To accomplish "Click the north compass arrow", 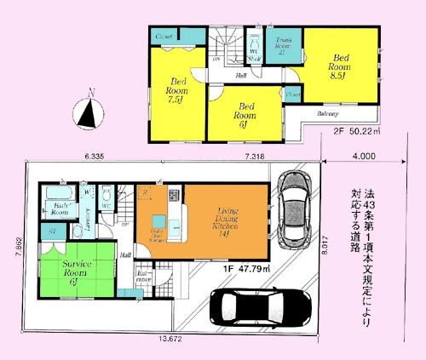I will pyautogui.click(x=87, y=111).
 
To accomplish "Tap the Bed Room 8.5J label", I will pyautogui.click(x=339, y=61).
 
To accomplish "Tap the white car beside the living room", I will pyautogui.click(x=295, y=215).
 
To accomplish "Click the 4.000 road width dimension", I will pyautogui.click(x=362, y=157).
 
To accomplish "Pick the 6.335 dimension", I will pyautogui.click(x=94, y=157).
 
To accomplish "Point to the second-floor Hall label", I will pyautogui.click(x=242, y=75).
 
